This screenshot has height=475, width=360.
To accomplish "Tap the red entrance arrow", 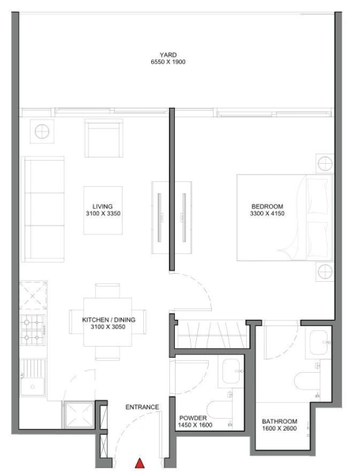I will coord(140,464).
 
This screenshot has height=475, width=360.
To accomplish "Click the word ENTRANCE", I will coord(142,407).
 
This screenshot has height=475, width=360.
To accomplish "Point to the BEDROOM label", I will coord(267,206).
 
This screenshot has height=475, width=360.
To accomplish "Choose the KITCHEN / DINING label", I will coord(108,320).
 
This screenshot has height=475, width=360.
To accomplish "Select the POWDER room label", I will coord(193,417).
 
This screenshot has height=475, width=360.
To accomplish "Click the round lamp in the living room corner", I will coord(40,130).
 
